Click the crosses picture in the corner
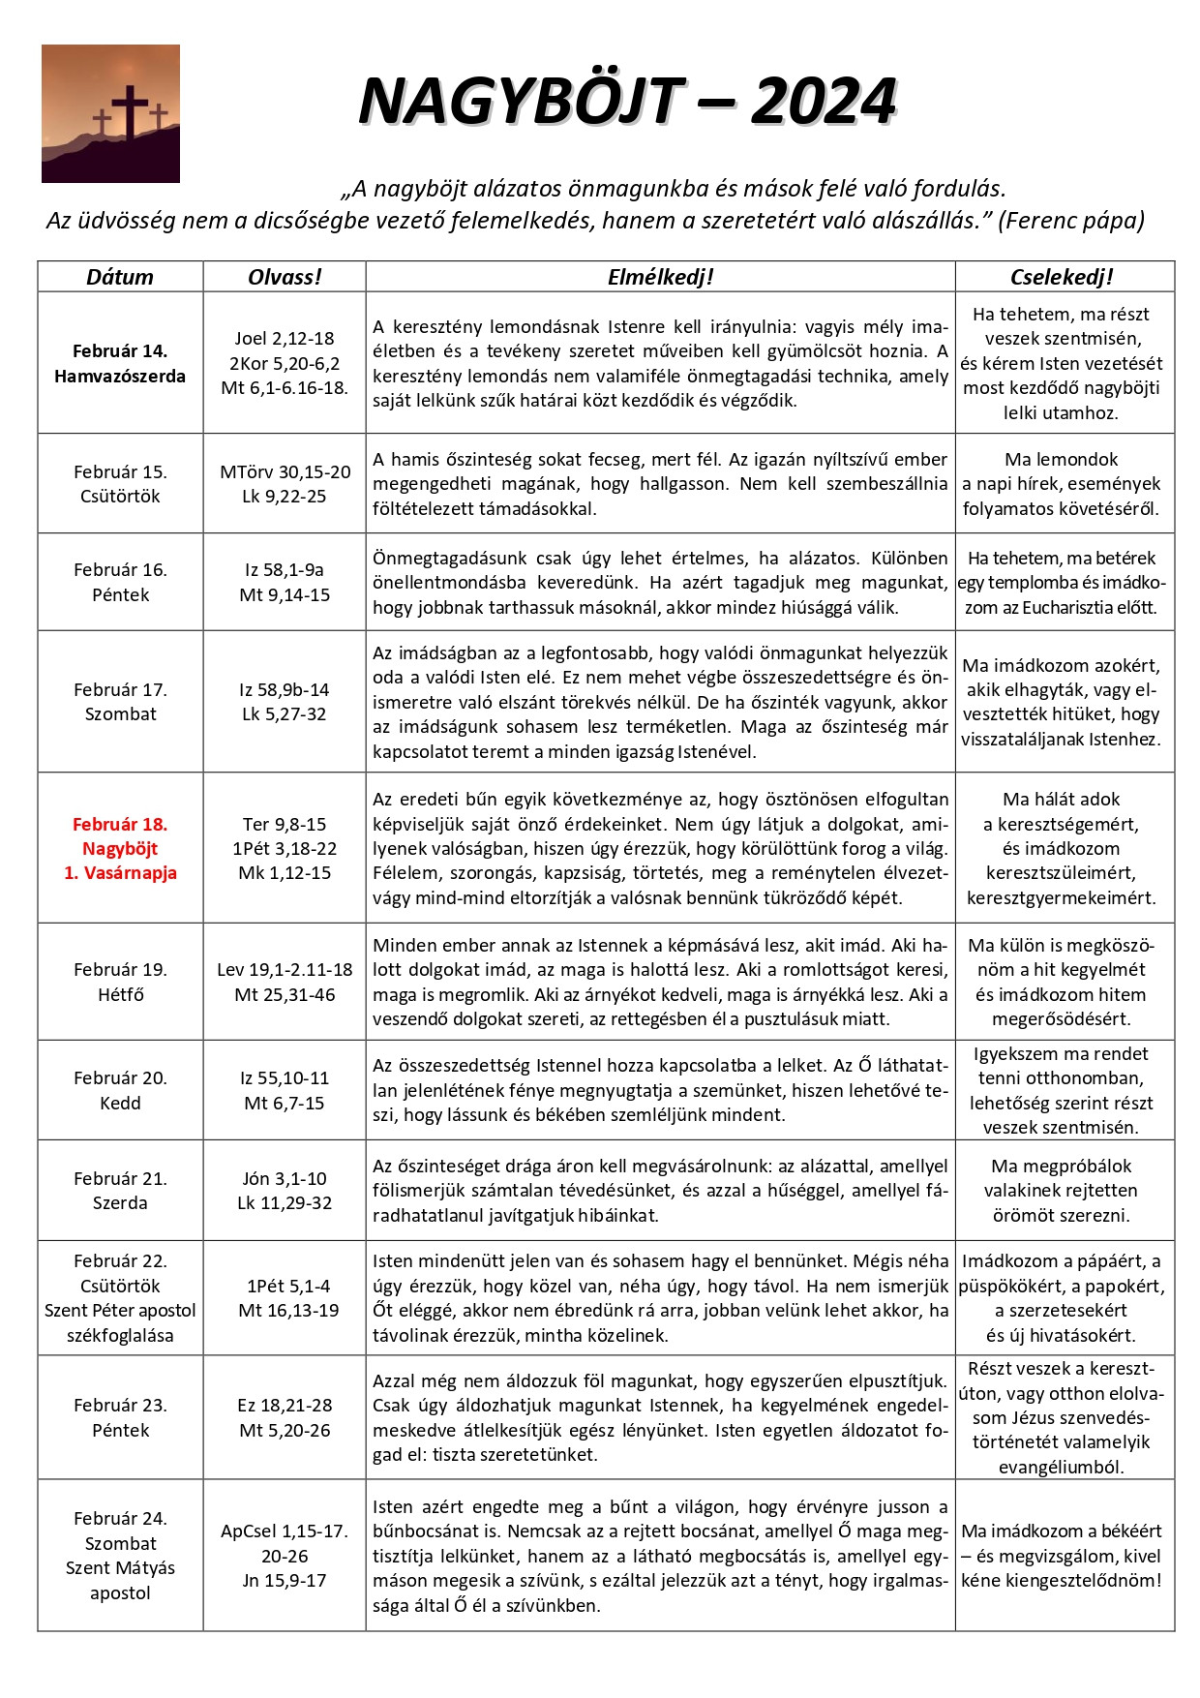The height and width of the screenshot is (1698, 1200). tap(110, 113)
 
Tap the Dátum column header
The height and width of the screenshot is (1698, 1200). tap(120, 277)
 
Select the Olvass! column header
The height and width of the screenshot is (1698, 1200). tap(285, 277)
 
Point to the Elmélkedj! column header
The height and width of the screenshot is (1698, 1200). tap(660, 277)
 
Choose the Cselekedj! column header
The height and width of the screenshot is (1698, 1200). tap(1062, 277)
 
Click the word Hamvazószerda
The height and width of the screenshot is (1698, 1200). tap(120, 377)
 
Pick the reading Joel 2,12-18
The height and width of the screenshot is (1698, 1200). tap(285, 339)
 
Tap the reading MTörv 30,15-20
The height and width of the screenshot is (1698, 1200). tap(285, 472)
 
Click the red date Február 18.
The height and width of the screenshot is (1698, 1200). tap(120, 825)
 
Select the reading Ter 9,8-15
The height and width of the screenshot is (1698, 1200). tap(285, 825)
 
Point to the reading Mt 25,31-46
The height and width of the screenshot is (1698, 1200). tap(285, 994)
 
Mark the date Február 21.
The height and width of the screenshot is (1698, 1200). tap(120, 1179)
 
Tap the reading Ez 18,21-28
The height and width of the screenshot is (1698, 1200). tap(285, 1406)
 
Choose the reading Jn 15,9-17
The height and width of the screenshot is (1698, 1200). tap(285, 1581)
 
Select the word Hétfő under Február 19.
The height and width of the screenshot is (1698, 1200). tap(120, 994)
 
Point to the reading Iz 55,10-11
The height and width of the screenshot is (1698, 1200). tap(285, 1078)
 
